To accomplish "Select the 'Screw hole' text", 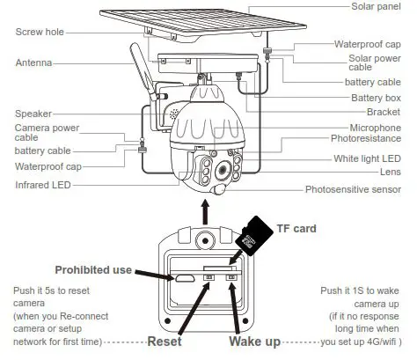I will (40, 33).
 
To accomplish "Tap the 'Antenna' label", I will (33, 62).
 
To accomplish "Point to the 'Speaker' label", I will (33, 114).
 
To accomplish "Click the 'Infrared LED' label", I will (42, 186).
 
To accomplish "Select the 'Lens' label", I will (391, 172).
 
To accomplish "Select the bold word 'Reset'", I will (165, 341).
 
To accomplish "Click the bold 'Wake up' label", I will (256, 341).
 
